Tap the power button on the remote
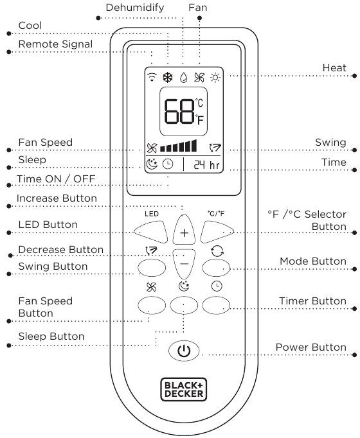(x=184, y=351)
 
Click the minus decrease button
(x=184, y=264)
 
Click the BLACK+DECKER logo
(x=184, y=389)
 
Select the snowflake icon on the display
(x=168, y=77)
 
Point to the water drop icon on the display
(x=183, y=77)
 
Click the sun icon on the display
(x=215, y=77)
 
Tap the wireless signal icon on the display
(x=152, y=77)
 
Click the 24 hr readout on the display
(x=207, y=165)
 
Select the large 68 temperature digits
(x=179, y=111)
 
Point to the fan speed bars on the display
(x=178, y=146)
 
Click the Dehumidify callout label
(x=135, y=8)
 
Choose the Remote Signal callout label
(x=55, y=44)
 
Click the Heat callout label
(x=334, y=67)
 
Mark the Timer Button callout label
(x=313, y=301)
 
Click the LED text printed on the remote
(x=152, y=214)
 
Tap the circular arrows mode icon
(x=217, y=251)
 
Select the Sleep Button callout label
(x=51, y=336)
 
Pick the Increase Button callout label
(x=57, y=198)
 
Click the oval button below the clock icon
(x=216, y=305)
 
